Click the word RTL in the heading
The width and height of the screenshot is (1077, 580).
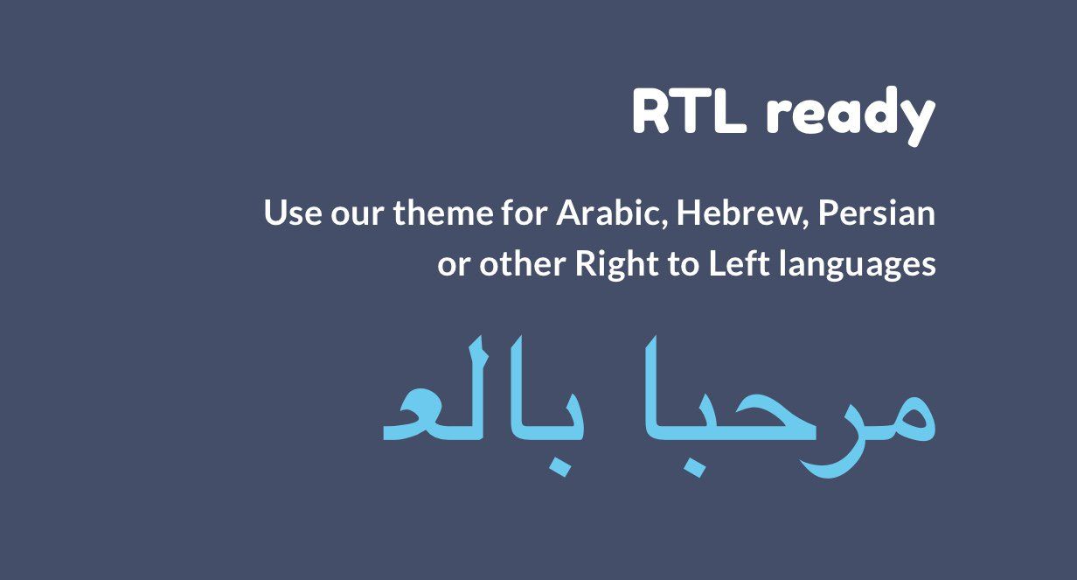[x=689, y=113]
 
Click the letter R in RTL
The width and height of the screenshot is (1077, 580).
[x=650, y=113]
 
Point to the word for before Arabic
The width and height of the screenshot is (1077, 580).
[x=525, y=213]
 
